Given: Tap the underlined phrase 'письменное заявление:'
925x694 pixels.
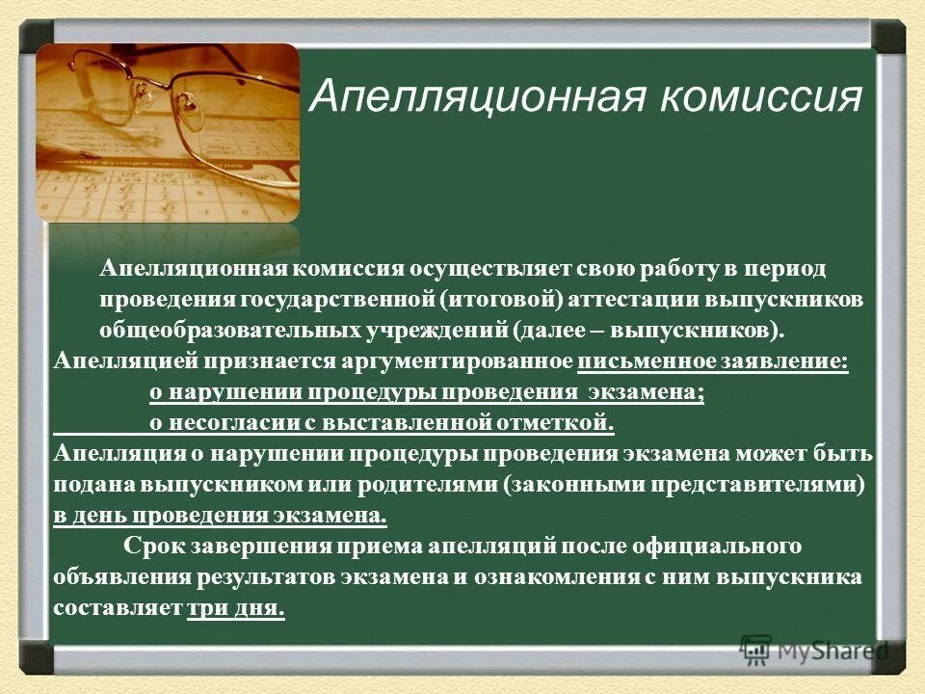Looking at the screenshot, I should (x=713, y=361).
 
